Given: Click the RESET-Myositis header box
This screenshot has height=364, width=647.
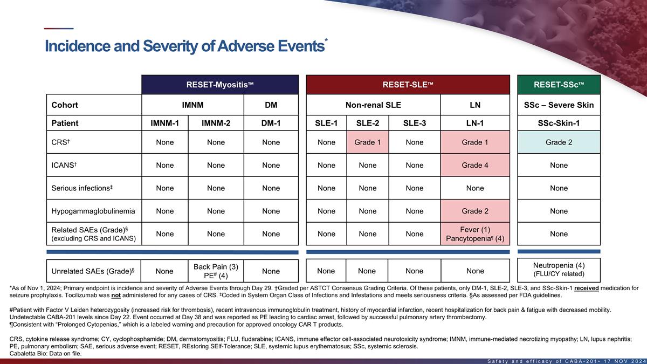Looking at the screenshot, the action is click(x=220, y=85).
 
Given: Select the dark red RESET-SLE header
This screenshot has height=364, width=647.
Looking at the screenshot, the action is click(x=408, y=85).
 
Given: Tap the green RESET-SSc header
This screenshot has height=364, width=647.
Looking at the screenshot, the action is click(x=559, y=85).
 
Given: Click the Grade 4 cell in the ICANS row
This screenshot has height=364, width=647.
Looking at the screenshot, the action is click(x=475, y=165).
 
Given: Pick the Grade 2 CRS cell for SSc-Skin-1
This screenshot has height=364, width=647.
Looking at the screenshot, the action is click(x=559, y=142).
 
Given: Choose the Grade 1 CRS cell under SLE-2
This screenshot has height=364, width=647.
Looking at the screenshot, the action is click(x=368, y=142).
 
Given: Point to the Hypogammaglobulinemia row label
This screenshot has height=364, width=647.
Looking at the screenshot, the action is click(x=93, y=211).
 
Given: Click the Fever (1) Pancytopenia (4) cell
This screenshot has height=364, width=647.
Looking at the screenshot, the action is click(x=475, y=234).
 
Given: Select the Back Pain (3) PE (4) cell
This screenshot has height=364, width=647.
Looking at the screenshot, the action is click(x=216, y=271).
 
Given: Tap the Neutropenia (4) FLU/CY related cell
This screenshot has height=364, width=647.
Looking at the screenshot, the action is click(x=559, y=270).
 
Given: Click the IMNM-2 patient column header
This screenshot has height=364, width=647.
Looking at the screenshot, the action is click(x=216, y=123).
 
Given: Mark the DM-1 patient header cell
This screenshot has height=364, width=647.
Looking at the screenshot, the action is click(x=271, y=123).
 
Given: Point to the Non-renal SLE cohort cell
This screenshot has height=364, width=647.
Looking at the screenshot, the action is click(x=374, y=105).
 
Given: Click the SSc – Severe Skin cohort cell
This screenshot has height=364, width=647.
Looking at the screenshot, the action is click(x=559, y=105).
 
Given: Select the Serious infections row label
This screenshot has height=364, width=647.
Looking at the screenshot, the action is click(x=82, y=188).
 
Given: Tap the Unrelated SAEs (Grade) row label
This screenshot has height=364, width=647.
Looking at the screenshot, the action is click(x=93, y=271).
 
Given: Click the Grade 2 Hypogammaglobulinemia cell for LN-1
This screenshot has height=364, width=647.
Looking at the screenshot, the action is click(x=475, y=211).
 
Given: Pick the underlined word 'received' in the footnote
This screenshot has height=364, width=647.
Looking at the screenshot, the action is click(x=587, y=289).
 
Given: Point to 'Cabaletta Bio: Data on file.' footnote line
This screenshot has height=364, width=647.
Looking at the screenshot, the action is click(x=46, y=353).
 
